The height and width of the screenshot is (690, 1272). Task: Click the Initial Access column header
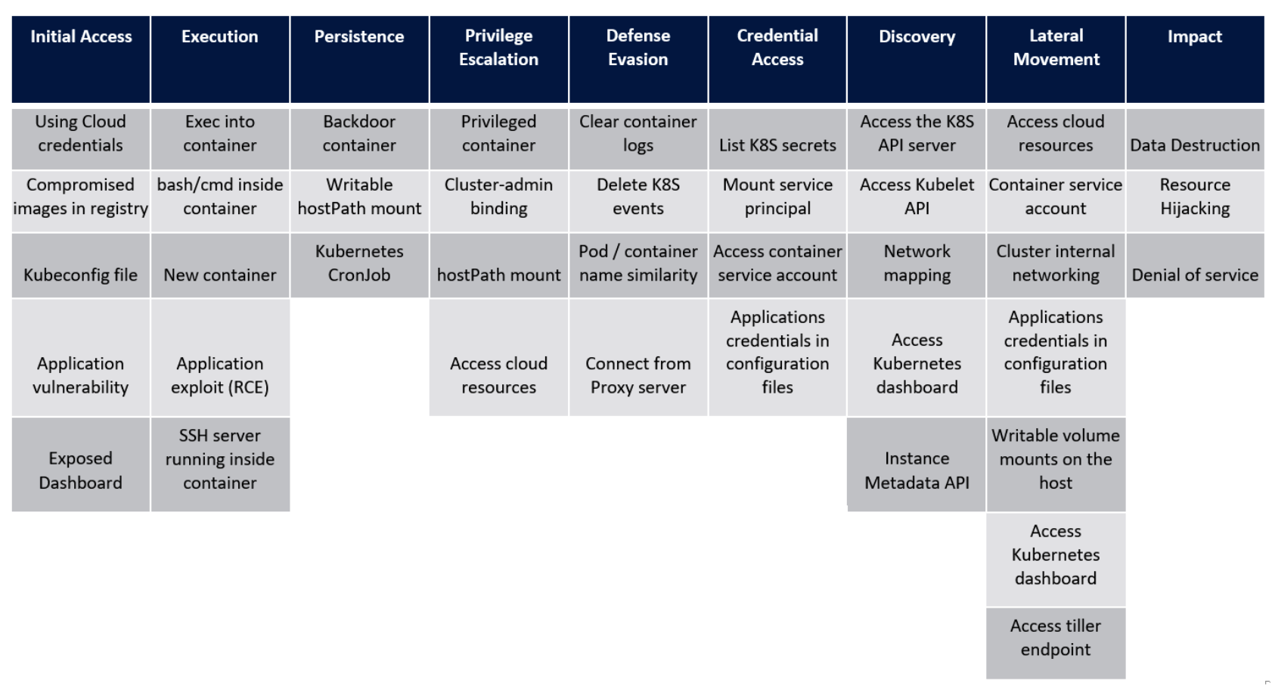click(x=81, y=58)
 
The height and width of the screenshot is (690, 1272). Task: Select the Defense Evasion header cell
click(x=638, y=58)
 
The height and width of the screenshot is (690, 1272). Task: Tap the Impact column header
click(x=1194, y=58)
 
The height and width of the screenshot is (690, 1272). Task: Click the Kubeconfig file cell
click(x=81, y=266)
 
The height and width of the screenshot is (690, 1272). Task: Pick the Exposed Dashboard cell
click(x=81, y=465)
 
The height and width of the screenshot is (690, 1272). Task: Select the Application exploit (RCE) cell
click(x=220, y=358)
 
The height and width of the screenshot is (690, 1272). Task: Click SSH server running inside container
click(x=220, y=465)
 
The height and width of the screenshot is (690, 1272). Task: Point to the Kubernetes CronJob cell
click(x=359, y=264)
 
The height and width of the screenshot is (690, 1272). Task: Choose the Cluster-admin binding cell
click(x=498, y=200)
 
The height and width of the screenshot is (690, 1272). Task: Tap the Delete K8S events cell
click(x=638, y=200)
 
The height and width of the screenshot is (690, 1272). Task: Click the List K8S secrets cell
click(x=777, y=139)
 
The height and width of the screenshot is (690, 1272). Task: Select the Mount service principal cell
click(x=777, y=200)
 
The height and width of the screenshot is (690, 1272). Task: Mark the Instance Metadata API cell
click(x=917, y=465)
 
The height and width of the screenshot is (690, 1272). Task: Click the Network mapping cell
click(x=917, y=264)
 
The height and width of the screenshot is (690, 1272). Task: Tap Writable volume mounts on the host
click(x=1056, y=465)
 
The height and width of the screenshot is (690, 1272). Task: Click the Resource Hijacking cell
click(x=1195, y=200)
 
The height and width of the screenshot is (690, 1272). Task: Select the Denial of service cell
click(x=1195, y=266)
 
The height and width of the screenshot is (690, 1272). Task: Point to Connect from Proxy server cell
click(x=638, y=358)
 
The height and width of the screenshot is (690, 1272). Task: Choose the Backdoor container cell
click(x=359, y=139)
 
